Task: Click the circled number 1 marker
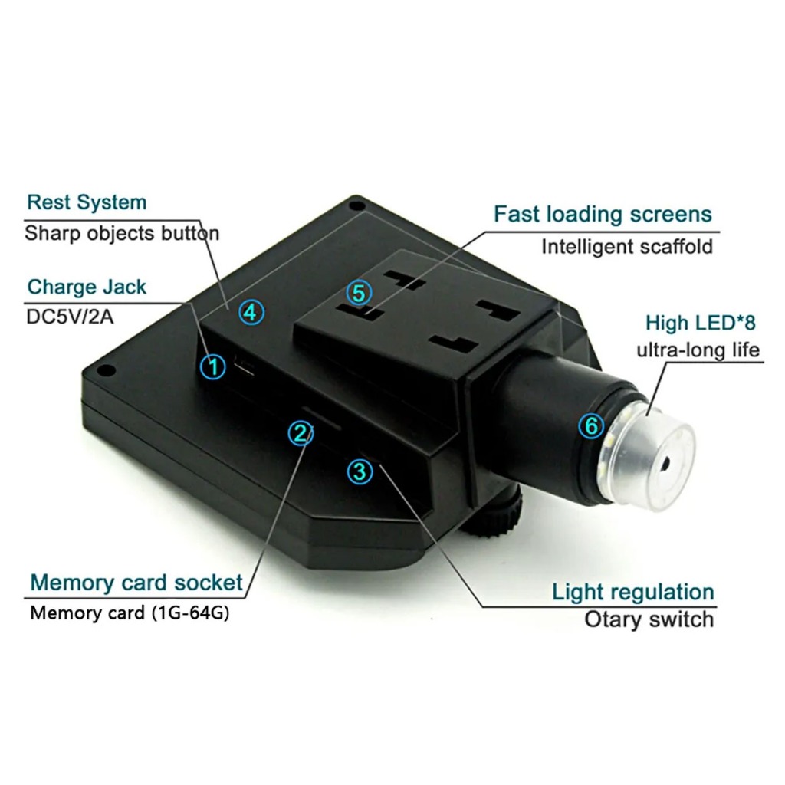[213, 366]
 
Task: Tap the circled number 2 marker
[300, 433]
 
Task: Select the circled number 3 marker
[360, 471]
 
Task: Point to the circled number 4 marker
[251, 312]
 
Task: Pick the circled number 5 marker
[358, 292]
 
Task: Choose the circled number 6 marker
[591, 425]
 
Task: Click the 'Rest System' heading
[87, 203]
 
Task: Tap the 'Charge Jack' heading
[87, 287]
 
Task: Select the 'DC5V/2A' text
[70, 316]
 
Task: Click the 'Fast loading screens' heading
[603, 214]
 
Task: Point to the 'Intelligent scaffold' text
[627, 247]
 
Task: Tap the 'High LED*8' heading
[701, 323]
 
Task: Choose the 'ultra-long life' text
[698, 350]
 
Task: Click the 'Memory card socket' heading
[136, 583]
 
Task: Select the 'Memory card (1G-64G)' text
[130, 613]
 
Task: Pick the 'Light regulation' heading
[633, 592]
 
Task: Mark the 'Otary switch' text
[649, 619]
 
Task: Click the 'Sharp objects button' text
[122, 233]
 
